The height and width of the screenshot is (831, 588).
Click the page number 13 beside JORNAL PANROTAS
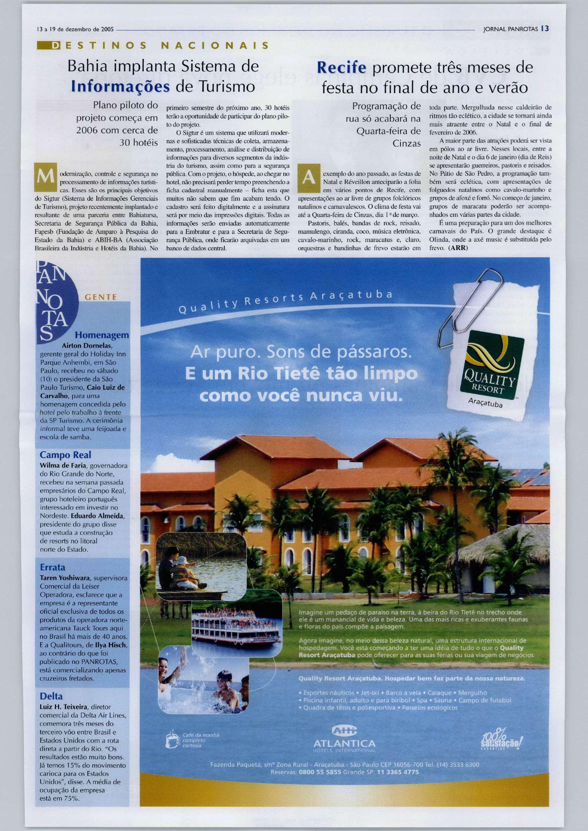coord(546,29)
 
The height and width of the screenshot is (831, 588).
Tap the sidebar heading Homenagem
coord(102,335)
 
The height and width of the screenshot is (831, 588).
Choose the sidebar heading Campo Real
coord(65,455)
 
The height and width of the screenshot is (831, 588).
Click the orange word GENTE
coord(100,297)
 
